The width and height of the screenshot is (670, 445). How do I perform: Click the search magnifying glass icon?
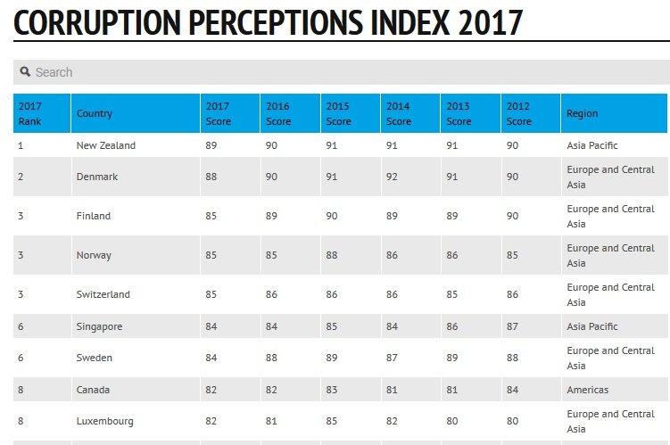25,72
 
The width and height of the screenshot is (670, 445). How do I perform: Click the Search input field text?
54,72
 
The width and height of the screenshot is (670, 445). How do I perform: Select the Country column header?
95,113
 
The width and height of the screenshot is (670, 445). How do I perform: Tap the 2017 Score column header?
219,113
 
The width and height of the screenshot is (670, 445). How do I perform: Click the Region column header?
583,113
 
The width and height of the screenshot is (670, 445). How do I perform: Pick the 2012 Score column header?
519,113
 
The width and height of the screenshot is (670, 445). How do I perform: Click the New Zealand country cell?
106,145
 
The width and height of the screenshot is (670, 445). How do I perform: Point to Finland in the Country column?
94,216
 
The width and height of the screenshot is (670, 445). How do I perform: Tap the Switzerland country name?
103,294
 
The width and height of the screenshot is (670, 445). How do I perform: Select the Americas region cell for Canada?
588,390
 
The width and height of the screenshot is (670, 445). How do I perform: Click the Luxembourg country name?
105,421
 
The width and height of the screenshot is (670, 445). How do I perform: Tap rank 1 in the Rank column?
21,145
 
